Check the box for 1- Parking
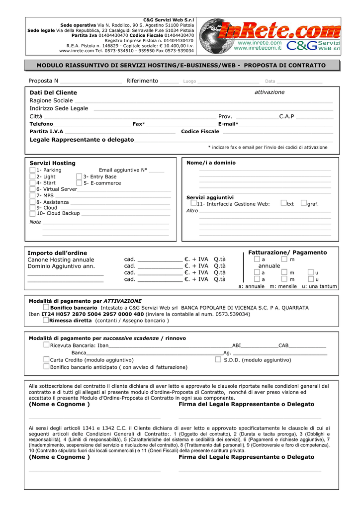point(32,170)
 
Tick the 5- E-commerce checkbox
point(80,183)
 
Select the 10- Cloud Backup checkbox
point(32,213)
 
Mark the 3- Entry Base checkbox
point(80,176)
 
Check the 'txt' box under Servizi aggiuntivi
point(283,203)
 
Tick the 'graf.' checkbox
point(304,203)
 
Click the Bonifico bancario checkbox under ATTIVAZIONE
point(46,308)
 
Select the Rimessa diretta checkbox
point(46,321)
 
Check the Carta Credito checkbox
point(46,359)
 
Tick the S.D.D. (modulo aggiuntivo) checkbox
point(218,359)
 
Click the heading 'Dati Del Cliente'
point(53,93)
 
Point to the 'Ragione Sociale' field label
point(51,101)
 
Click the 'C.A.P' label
point(286,117)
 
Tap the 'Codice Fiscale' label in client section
point(200,132)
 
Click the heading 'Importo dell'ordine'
point(57,253)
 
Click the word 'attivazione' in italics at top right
point(270,92)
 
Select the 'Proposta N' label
point(43,81)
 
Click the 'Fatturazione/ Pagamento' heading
point(287,253)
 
